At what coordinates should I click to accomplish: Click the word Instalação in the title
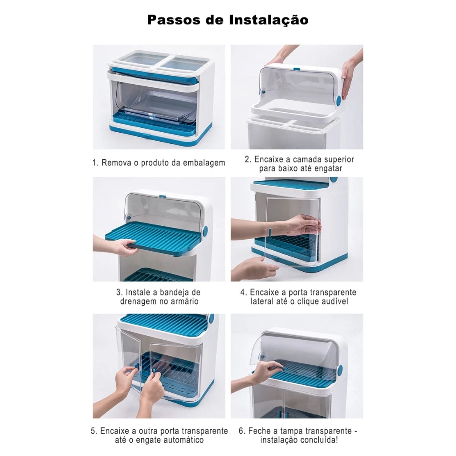click(269, 20)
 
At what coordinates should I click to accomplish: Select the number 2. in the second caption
click(248, 159)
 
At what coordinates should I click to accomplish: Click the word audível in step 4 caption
click(334, 301)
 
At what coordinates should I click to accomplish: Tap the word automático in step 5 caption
click(180, 440)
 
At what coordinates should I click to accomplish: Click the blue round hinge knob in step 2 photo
click(339, 100)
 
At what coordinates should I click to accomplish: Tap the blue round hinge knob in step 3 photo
click(205, 232)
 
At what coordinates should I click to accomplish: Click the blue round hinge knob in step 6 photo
click(339, 370)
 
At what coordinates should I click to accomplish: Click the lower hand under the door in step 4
click(254, 269)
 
